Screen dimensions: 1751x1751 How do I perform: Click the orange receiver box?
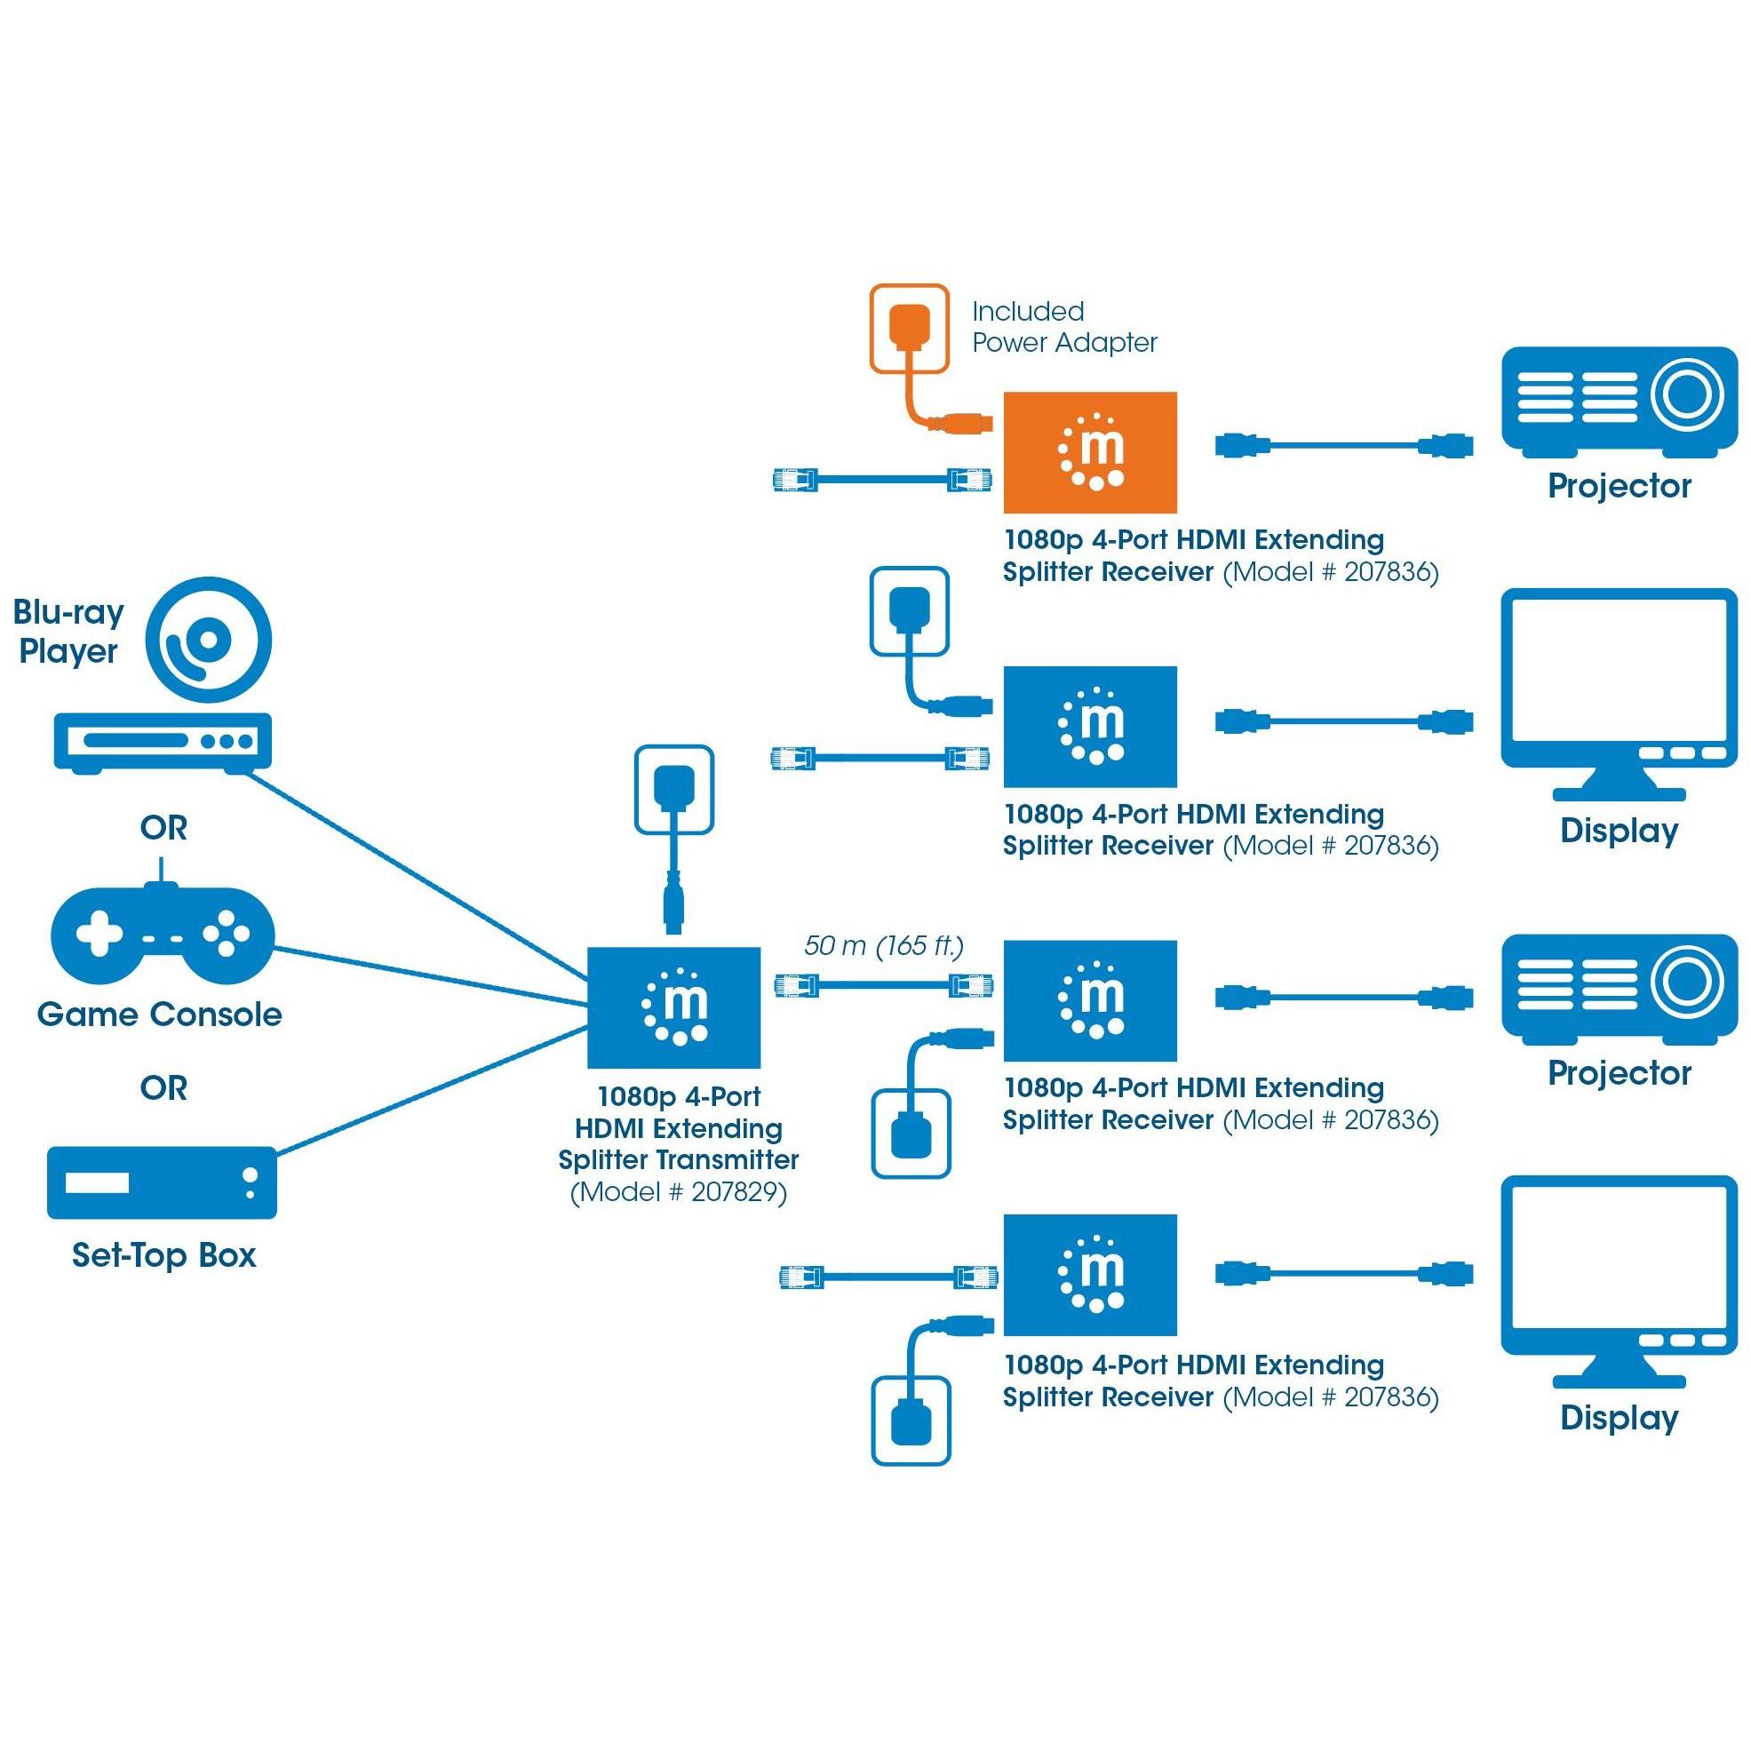1090,452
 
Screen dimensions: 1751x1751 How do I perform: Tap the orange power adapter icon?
909,328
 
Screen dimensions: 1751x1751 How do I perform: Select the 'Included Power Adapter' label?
1064,326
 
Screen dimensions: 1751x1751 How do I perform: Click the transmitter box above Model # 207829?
673,1007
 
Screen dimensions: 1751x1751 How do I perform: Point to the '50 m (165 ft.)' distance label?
884,945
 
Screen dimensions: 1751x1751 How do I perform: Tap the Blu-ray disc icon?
210,639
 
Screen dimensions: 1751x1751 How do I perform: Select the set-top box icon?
163,1182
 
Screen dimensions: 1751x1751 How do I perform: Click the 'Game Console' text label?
160,1015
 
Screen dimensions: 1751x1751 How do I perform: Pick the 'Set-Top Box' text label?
164,1255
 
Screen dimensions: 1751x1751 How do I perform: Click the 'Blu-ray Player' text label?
69,631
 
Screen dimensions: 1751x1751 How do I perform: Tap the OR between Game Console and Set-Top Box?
164,1087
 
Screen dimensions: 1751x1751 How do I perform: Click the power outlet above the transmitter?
674,789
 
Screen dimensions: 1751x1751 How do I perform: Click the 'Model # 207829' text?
679,1191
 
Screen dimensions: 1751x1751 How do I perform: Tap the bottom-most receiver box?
1090,1275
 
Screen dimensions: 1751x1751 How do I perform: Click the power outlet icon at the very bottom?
911,1421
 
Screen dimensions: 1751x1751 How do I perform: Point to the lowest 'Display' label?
1619,1418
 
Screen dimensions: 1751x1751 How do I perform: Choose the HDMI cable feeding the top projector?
1344,445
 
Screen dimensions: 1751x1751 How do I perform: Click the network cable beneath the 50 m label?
884,985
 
